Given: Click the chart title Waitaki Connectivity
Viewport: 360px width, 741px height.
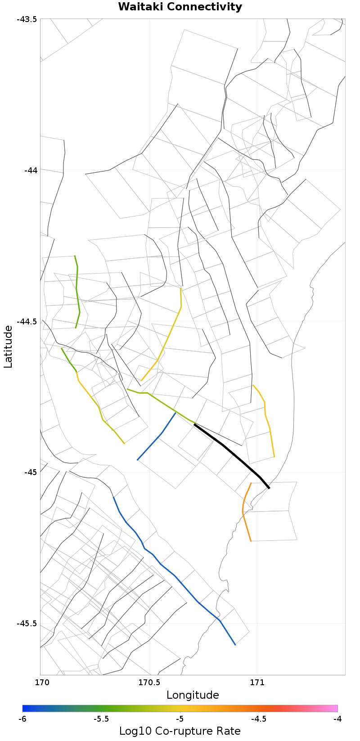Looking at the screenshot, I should point(180,7).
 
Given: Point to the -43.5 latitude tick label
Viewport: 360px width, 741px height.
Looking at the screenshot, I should point(27,19).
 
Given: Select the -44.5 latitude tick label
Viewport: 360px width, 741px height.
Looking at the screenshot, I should point(27,321).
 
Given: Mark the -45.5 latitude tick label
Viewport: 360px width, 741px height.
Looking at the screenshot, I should point(27,624).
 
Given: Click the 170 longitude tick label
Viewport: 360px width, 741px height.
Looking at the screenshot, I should point(40,682).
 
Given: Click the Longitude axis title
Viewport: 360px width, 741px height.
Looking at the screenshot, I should point(193,695).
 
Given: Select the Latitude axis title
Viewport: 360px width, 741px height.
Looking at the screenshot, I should point(8,347).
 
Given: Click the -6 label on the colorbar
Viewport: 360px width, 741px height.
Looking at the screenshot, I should point(22,719).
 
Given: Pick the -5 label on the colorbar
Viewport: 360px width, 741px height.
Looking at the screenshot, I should point(180,719).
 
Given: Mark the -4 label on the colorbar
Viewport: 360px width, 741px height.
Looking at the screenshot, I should point(337,719).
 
